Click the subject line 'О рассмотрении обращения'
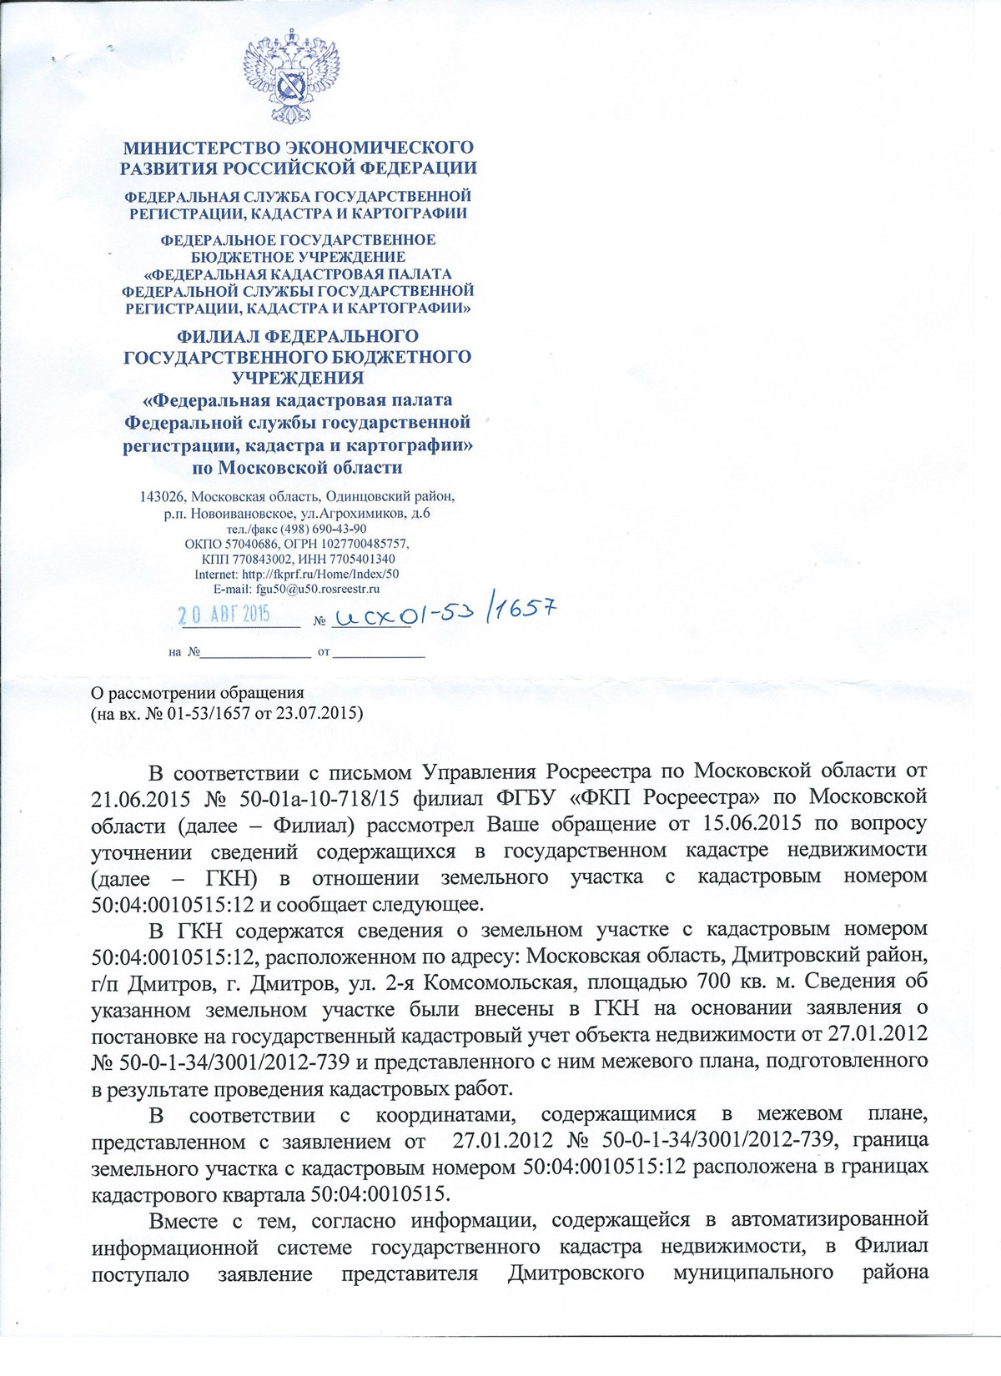pos(197,692)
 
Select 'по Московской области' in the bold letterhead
pos(297,467)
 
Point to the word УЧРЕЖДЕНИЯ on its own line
pos(298,377)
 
